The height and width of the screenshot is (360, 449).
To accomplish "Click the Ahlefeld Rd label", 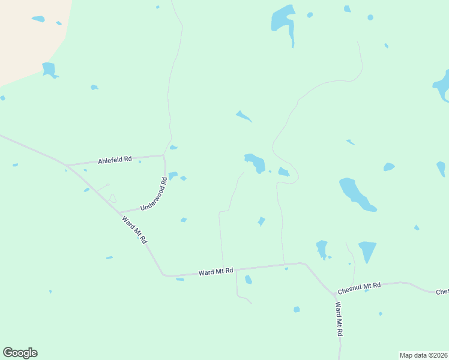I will click(x=115, y=160).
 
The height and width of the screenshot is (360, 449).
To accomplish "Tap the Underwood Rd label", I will click(x=153, y=194).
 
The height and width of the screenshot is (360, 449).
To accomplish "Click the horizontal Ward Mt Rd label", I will click(x=215, y=272).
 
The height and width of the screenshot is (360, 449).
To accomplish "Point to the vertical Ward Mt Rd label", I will click(x=339, y=319).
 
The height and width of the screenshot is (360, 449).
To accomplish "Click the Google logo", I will click(x=20, y=353).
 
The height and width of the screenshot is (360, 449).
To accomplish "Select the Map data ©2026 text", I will click(x=423, y=355).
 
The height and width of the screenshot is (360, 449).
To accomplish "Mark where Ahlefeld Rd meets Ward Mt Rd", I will click(x=68, y=165).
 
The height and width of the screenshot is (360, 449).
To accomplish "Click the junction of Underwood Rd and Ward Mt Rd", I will click(x=119, y=212).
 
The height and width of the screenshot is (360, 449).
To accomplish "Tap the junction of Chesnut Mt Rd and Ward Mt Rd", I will click(x=334, y=295).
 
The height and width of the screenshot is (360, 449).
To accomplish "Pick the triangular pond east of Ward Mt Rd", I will click(x=367, y=250).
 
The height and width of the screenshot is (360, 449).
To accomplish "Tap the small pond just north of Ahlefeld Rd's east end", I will click(x=173, y=148).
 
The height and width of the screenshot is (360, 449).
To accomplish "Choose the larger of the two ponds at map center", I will click(x=256, y=162).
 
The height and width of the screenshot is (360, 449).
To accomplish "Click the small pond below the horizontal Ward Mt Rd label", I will click(x=248, y=280).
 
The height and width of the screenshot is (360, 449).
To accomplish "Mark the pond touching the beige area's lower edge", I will click(x=49, y=70).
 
